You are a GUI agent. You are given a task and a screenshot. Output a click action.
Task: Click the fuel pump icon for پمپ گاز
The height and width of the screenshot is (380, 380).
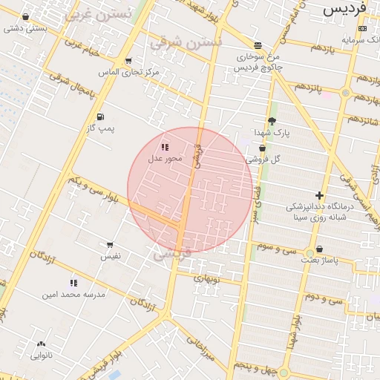pos(100,117)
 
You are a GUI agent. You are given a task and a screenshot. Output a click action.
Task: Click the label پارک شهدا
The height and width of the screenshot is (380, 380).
pos(271,132)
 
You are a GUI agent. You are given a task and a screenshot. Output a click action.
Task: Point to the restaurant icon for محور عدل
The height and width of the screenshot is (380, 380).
pos(164,147)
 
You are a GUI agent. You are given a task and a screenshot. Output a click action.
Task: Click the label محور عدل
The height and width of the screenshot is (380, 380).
pos(165,159)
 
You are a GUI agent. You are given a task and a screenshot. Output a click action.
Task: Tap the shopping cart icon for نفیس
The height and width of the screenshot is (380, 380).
pos(110,244)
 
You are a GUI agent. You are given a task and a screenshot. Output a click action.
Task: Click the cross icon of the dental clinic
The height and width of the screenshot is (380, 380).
pos(319,195)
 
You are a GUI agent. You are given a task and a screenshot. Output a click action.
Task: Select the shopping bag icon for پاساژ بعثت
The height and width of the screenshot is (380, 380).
pos(319,249)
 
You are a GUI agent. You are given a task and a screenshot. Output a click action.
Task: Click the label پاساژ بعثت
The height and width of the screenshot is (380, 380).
pos(319,261)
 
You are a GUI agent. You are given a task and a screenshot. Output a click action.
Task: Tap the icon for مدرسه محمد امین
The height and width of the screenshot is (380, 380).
pos(73,283)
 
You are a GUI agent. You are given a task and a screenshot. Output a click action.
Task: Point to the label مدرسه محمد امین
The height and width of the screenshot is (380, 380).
pos(74,295)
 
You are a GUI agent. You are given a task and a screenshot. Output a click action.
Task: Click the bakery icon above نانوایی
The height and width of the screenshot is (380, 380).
pos(40,344)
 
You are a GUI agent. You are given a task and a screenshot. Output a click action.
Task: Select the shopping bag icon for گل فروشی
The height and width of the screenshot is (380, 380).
pos(262,148)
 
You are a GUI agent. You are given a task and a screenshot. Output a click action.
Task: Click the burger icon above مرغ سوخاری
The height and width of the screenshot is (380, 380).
pos(257,45)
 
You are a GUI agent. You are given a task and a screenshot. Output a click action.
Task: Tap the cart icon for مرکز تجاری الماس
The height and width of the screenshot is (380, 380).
pos(129,61)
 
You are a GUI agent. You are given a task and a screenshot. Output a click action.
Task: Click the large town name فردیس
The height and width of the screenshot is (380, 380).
pos(347,10)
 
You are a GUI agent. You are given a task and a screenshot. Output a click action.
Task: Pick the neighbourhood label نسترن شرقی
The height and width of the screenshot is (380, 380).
pos(186,42)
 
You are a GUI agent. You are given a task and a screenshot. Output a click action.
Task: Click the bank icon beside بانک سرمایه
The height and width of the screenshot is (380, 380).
pos(361,28)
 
